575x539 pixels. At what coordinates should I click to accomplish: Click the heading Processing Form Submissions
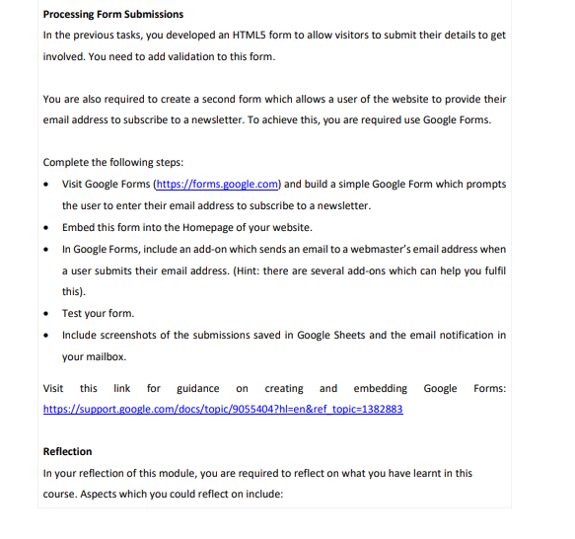coord(113,14)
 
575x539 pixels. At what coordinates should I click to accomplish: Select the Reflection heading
coord(68,452)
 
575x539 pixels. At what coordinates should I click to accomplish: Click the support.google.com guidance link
coord(223,409)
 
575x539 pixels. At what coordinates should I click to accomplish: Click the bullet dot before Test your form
coord(47,314)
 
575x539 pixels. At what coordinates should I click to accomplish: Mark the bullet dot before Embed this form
coord(47,227)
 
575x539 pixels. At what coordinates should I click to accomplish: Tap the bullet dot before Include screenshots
coord(47,336)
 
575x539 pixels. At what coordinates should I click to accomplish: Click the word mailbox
coord(107,356)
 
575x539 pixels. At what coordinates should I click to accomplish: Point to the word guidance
coord(198,388)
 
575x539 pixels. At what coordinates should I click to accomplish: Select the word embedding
coord(380,388)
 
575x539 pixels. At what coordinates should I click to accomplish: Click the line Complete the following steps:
coord(113,162)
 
